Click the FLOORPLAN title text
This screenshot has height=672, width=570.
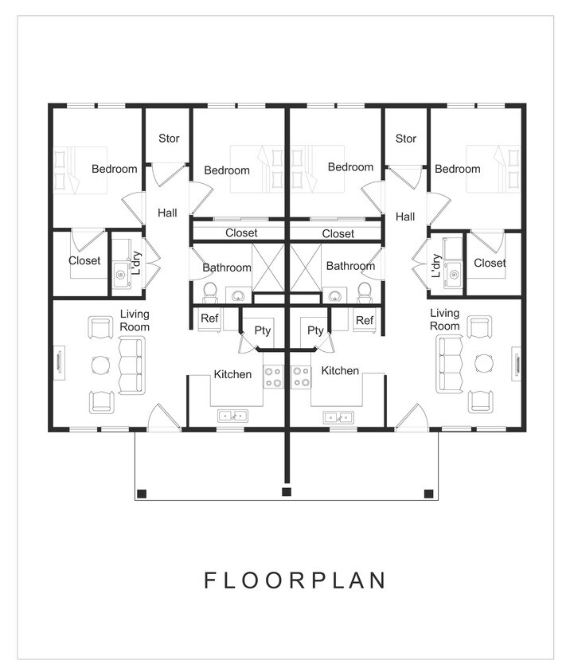(295, 580)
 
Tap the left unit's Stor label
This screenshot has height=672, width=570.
(169, 139)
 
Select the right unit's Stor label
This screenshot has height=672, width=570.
(406, 139)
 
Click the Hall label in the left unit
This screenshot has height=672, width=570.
(167, 213)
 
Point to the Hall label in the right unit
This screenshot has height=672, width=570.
(405, 217)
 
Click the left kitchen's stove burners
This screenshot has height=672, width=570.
(273, 377)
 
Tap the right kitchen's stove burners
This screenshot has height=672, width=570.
(301, 377)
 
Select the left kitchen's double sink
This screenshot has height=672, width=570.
(232, 416)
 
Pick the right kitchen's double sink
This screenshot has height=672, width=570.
(338, 417)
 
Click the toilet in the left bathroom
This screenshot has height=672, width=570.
(210, 293)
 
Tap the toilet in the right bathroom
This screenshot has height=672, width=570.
(365, 293)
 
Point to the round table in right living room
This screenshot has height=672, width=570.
(484, 363)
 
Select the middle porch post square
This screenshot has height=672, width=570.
(287, 491)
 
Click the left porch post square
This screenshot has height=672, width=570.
(142, 494)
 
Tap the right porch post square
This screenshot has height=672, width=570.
(428, 494)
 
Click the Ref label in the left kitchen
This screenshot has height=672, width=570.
(209, 318)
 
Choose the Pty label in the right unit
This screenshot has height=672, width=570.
(315, 330)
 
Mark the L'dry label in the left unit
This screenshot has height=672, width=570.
(136, 263)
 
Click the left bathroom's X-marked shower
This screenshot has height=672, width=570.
(268, 268)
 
